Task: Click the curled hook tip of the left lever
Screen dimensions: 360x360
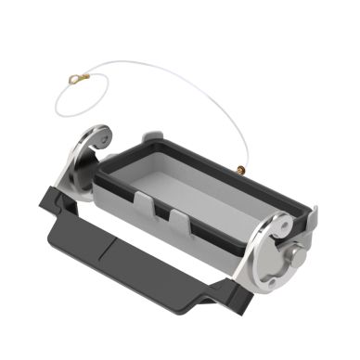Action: click(x=94, y=140)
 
